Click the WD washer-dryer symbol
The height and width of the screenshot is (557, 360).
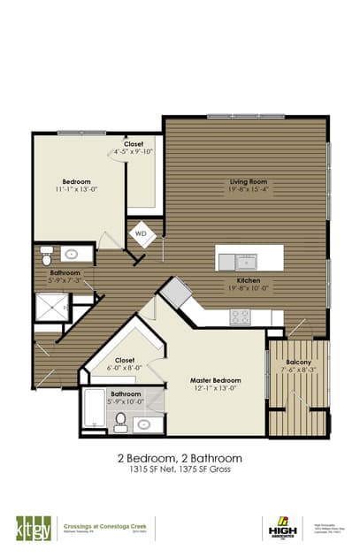(x=140, y=234)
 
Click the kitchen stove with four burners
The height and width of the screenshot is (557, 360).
(x=240, y=316)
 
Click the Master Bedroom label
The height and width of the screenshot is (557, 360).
(x=216, y=381)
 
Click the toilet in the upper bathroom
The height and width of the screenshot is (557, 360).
(x=48, y=256)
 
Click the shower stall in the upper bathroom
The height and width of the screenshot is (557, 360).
(x=50, y=306)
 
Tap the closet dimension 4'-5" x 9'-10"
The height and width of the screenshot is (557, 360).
(x=133, y=151)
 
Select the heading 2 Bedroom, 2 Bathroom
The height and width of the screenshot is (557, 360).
(x=180, y=459)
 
